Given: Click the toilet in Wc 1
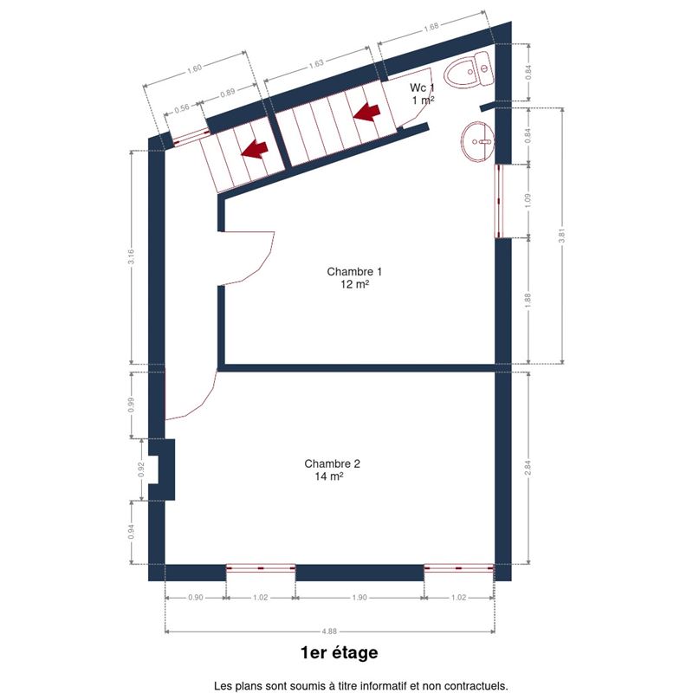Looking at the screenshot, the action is pos(468,70).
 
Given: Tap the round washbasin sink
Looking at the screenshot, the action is pos(477,142).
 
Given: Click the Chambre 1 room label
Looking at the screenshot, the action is pos(354,277).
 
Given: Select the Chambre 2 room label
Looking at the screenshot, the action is pos(332,470).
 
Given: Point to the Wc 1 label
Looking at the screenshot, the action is pos(422,94).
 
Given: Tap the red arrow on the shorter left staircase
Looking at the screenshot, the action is pos(255,149).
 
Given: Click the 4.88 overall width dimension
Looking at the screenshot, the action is pos(329,631).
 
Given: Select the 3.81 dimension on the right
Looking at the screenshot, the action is pos(562,236).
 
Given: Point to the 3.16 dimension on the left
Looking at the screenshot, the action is pos(131,257).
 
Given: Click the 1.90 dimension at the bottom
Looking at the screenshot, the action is pos(359,598).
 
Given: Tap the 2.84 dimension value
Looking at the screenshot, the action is pos(528,468).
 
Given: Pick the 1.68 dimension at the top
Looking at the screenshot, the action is pos(431,27).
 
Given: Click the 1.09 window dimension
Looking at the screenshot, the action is pos(528,201).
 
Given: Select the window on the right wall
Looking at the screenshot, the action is pos(499,201).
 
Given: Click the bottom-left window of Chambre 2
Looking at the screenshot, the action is pos(261,568).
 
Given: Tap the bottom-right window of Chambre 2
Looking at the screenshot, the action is pos(459,568).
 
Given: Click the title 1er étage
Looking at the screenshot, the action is pos(340,653).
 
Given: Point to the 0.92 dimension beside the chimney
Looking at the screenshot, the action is pos(141,470).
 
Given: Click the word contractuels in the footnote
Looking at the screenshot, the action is pos(479,686).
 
